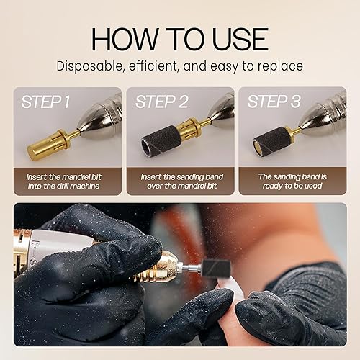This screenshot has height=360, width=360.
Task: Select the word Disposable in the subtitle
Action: [x=92, y=67]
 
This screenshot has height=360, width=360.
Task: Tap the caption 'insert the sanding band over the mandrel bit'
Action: [x=180, y=180]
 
